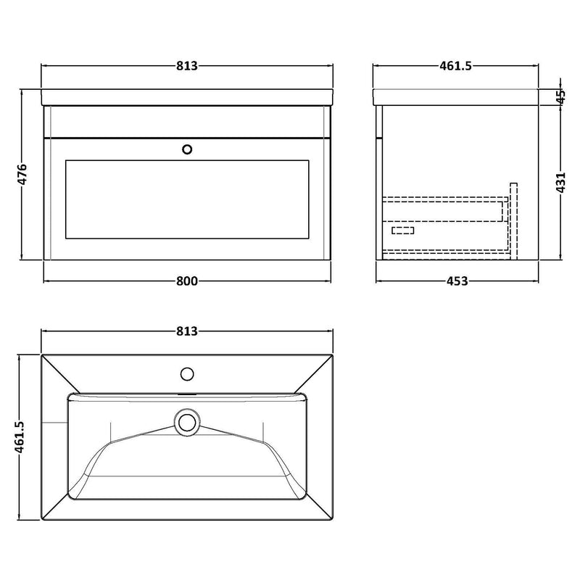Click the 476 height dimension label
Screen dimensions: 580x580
pos(22,175)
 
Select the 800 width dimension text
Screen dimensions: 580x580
pos(187,281)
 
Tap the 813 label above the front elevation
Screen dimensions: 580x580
pos(187,66)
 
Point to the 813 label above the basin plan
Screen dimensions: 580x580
pos(187,331)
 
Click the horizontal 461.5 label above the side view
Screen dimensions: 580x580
pos(455,66)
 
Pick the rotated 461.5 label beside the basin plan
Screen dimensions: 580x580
pos(22,438)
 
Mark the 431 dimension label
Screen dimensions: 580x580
pos(560,182)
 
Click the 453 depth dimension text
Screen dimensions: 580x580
pos(455,281)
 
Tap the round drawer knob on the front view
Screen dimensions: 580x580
pos(188,149)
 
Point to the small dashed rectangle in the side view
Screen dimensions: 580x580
pos(402,231)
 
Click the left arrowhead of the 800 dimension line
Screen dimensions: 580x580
pos(47,281)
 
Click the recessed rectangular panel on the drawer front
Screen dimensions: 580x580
pos(188,199)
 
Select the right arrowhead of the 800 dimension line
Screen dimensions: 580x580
pos(328,281)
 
